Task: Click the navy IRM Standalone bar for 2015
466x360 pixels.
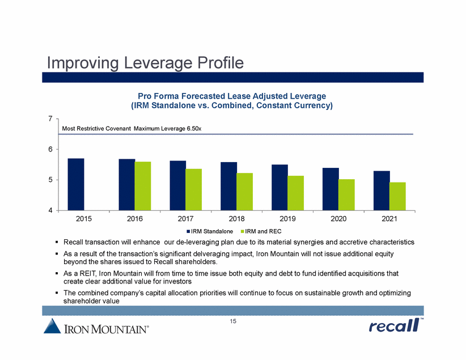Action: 76,184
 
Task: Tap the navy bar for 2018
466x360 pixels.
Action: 229,186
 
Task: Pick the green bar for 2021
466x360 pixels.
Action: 397,196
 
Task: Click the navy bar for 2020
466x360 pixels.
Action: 331,189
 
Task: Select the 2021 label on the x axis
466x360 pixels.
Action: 389,218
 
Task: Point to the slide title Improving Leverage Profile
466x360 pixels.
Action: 145,61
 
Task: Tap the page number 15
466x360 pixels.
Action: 232,322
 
